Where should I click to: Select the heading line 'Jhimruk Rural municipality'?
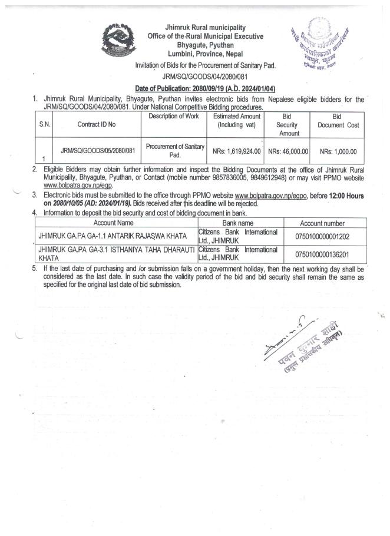point(206,28)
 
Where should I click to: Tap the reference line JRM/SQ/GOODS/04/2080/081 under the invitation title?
point(206,76)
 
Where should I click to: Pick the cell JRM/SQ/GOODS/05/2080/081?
point(97,151)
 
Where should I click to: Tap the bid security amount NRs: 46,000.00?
point(288,151)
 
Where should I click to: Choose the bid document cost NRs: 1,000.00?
point(338,151)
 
